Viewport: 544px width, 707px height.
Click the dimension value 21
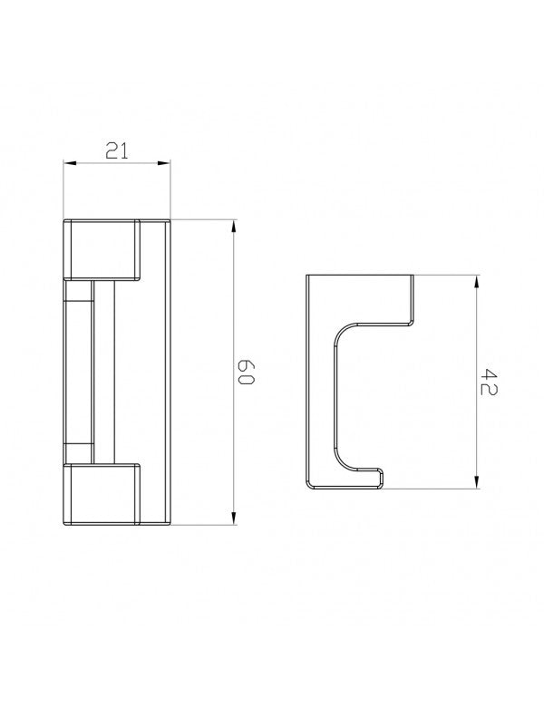tap(116, 151)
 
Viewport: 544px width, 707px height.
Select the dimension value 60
tap(247, 373)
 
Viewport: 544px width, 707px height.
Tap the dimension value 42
tap(491, 381)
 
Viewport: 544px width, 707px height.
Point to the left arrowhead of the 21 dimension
tap(68, 164)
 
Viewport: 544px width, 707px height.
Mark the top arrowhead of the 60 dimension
tap(233, 226)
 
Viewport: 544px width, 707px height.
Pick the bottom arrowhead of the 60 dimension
tap(233, 519)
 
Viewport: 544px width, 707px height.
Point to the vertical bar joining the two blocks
tap(104, 372)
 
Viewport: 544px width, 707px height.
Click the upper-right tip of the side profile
tap(413, 277)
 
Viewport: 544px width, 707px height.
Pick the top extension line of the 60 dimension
tap(204, 219)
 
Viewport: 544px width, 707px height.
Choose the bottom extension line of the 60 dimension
tap(204, 526)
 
